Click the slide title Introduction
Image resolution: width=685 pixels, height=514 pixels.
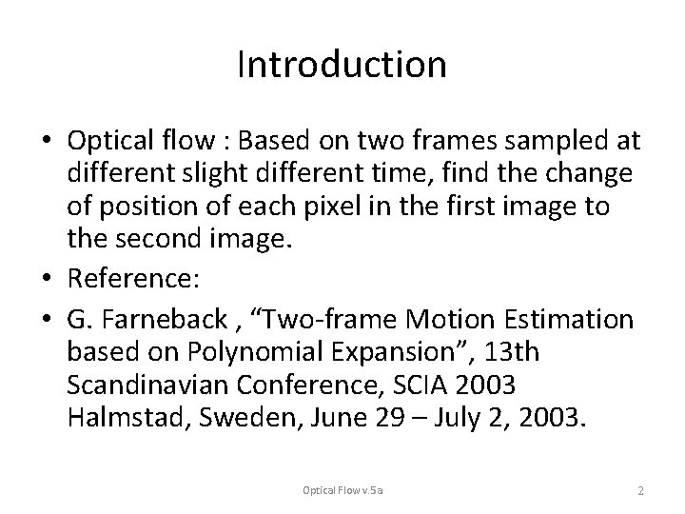[x=342, y=65]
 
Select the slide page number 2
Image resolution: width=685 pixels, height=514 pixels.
[x=641, y=490]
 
